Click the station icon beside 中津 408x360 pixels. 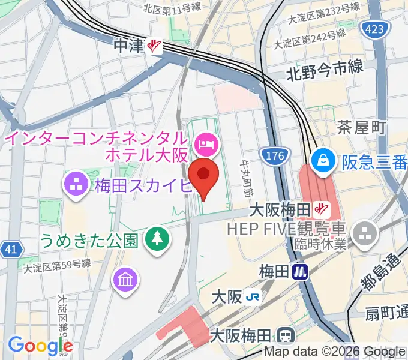[x=155, y=46]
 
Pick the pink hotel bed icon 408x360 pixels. [x=206, y=143]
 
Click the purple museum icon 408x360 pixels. [x=128, y=278]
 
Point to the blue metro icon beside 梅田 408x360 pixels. [x=300, y=272]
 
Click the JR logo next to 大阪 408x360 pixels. [x=254, y=297]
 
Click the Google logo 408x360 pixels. [x=40, y=346]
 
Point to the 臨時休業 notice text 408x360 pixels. [x=313, y=243]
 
